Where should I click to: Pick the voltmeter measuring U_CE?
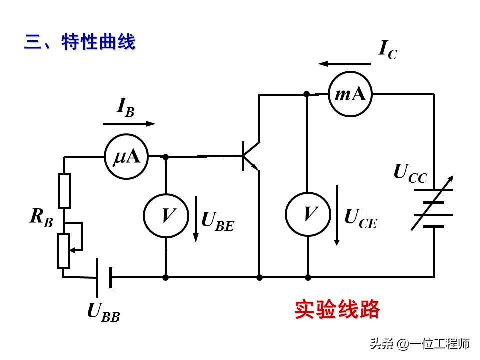point(308,214)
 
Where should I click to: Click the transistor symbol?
point(249,156)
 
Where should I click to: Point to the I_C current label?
point(388,50)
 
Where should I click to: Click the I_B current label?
point(125,107)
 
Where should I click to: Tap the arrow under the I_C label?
point(345,64)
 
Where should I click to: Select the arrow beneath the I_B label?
point(129,123)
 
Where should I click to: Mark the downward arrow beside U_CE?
point(337,215)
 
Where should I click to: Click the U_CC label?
point(410,173)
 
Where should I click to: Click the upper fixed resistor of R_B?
point(64,190)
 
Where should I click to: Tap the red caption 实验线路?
point(337,310)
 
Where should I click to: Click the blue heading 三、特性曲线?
point(80,42)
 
